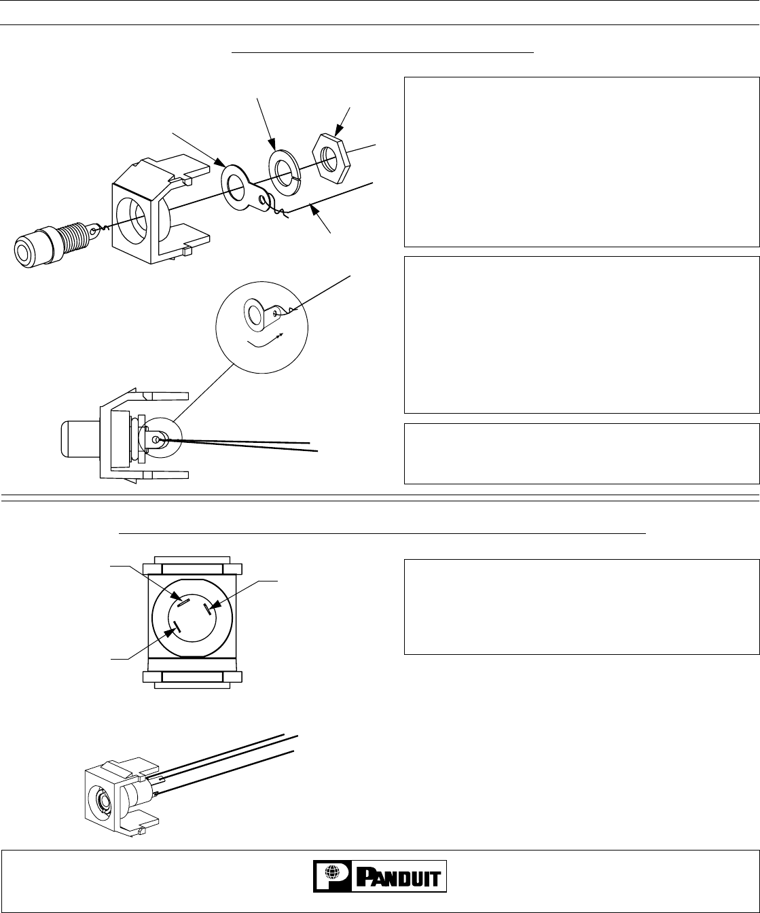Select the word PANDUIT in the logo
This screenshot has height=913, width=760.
coord(399,878)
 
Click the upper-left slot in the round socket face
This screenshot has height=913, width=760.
coord(183,603)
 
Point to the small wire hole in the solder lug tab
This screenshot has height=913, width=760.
coord(261,200)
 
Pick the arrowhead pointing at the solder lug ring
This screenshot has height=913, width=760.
coord(219,162)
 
